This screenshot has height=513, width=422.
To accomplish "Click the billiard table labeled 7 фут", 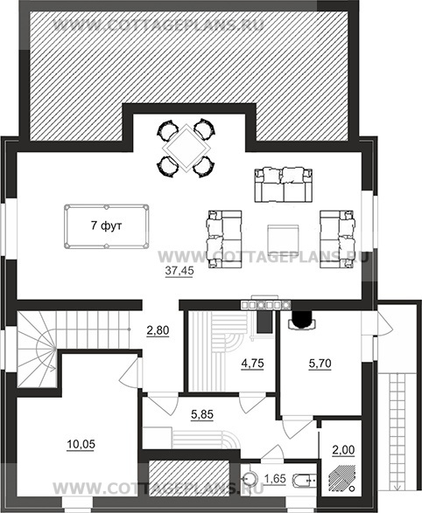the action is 107,226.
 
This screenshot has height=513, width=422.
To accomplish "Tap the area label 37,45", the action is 179,271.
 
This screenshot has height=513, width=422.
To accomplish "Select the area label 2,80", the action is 158,330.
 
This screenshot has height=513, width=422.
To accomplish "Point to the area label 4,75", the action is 252,364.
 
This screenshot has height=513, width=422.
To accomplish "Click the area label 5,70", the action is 320,364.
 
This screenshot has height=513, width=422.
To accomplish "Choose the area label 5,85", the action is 202,414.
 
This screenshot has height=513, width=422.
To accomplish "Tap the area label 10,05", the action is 81,444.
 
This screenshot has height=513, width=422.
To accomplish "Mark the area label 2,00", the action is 343,450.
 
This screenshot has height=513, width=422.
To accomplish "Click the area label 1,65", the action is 275,479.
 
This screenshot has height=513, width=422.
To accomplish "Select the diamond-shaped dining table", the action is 186,148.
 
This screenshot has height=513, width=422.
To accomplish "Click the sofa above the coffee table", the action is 284,184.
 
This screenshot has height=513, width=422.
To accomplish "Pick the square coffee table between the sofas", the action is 283,239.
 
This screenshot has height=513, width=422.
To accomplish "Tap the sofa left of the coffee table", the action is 224,239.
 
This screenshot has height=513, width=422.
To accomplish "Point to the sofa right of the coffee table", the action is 337,239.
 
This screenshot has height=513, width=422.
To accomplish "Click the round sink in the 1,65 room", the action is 251,479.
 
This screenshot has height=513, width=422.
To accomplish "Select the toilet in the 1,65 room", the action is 304,480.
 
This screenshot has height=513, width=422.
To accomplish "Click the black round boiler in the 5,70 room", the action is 302,319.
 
